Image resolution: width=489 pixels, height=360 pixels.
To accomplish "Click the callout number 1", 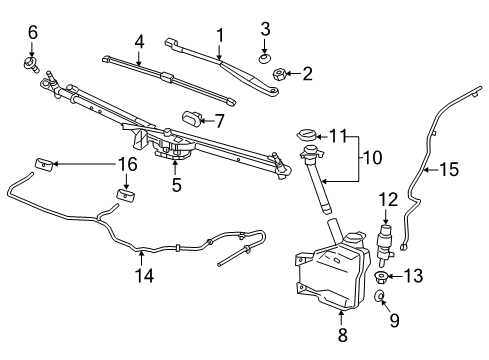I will click(220, 37).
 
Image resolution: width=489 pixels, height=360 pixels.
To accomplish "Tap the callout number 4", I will click(140, 43).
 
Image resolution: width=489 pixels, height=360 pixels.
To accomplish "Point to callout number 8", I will click(342, 337).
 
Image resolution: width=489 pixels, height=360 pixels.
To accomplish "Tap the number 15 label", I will click(450, 170).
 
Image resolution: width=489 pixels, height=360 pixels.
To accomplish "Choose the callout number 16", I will click(128, 163).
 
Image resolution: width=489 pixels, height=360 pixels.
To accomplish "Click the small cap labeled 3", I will click(265, 58).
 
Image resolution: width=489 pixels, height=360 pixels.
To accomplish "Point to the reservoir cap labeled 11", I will click(303, 135).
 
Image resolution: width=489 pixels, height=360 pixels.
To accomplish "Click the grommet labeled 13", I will click(383, 277).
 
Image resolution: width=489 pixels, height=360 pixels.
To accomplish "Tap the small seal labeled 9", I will click(382, 297).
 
